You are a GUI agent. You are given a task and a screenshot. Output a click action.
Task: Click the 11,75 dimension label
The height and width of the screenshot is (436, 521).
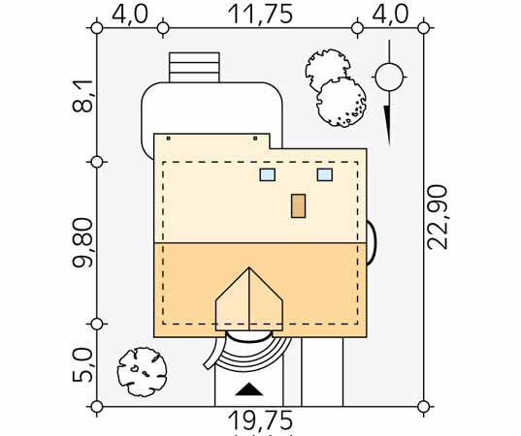pyautogui.click(x=260, y=15)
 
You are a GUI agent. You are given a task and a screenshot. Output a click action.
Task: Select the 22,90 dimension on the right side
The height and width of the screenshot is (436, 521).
pyautogui.click(x=438, y=217)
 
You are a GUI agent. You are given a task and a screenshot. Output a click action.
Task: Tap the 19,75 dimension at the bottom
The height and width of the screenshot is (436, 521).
pyautogui.click(x=260, y=420)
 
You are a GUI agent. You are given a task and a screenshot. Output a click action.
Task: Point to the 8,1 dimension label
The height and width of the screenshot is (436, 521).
pyautogui.click(x=82, y=96)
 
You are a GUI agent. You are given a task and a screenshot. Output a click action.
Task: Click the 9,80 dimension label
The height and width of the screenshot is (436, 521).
pyautogui.click(x=82, y=242)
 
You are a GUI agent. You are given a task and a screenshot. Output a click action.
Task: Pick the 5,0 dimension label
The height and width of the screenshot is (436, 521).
pyautogui.click(x=82, y=364)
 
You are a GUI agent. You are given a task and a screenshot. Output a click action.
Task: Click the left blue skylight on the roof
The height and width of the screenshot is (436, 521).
pyautogui.click(x=268, y=174)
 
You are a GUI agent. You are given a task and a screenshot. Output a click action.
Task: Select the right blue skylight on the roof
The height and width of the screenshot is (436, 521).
pyautogui.click(x=325, y=174)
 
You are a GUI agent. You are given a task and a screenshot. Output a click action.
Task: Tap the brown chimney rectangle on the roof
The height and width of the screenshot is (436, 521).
pyautogui.click(x=299, y=206)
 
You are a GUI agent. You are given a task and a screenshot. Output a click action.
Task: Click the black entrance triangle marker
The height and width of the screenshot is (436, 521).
pyautogui.click(x=249, y=389)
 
